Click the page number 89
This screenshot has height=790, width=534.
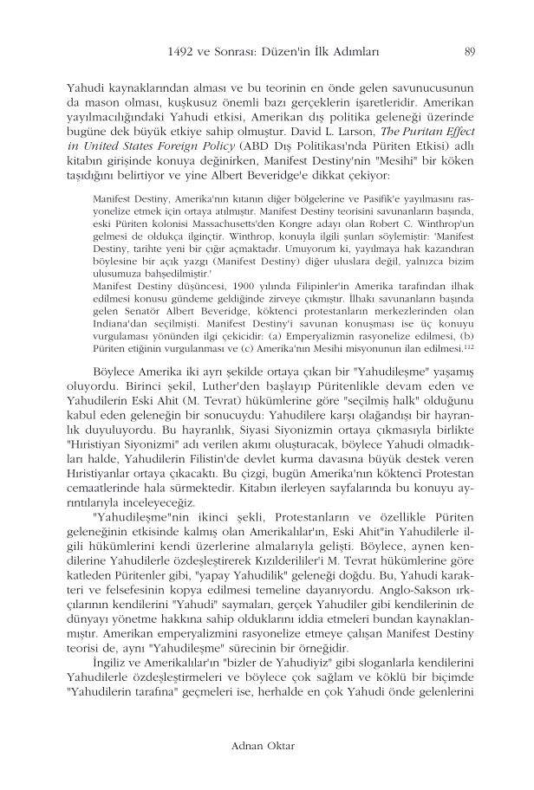[469, 50]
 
